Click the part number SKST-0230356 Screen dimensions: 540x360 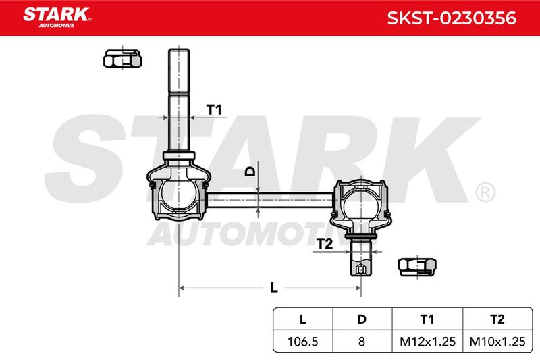click(452, 18)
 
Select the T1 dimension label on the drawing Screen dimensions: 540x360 click(214, 110)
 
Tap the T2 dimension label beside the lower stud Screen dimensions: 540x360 click(325, 244)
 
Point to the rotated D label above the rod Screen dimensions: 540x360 click(250, 171)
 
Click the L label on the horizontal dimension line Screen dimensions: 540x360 click(274, 288)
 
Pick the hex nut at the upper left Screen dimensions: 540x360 click(123, 59)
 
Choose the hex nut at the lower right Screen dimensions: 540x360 click(417, 267)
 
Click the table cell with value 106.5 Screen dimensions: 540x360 click(302, 341)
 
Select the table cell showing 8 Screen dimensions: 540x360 click(362, 341)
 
